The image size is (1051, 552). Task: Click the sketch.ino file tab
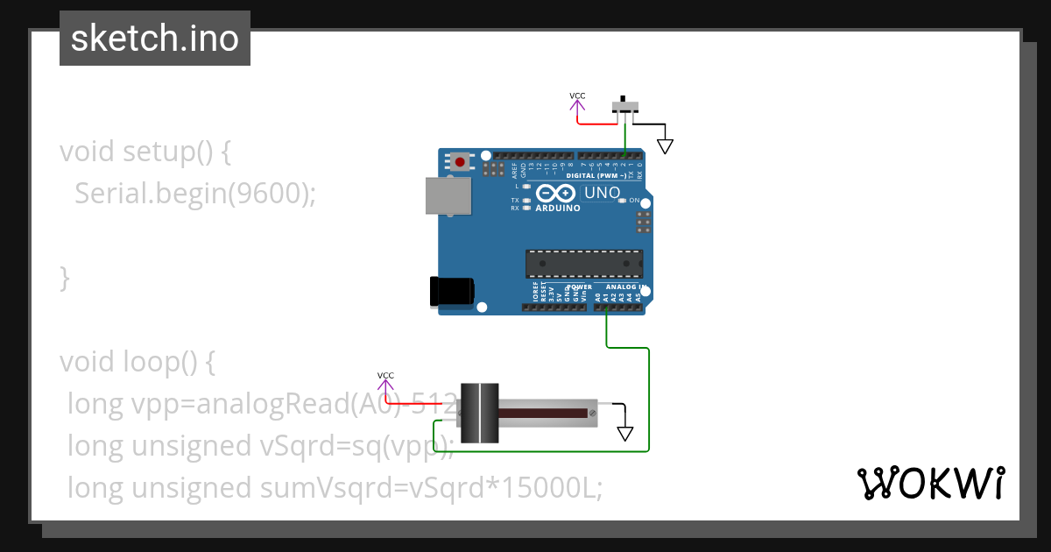point(155,39)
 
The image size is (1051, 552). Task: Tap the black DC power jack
point(452,292)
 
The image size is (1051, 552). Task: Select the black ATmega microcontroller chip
point(583,264)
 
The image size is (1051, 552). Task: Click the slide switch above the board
point(624,107)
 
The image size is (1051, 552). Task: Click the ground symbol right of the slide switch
point(665,145)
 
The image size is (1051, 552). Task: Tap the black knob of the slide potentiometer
point(479,413)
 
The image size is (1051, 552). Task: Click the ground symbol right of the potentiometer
point(624,433)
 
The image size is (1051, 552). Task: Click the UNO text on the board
point(602,193)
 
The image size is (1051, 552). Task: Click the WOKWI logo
point(930,483)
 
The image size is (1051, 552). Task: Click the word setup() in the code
point(166,152)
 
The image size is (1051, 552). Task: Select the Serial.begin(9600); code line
point(194,193)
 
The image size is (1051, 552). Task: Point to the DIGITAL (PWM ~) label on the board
point(603,175)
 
